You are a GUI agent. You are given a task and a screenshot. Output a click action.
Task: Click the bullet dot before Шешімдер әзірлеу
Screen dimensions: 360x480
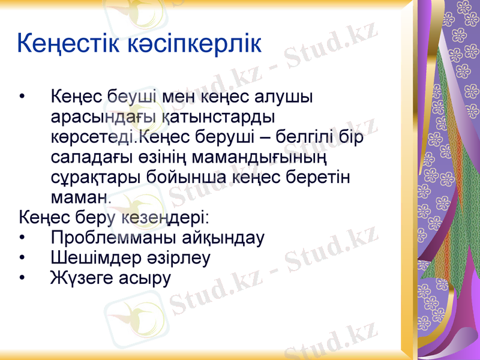pos(23,259)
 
